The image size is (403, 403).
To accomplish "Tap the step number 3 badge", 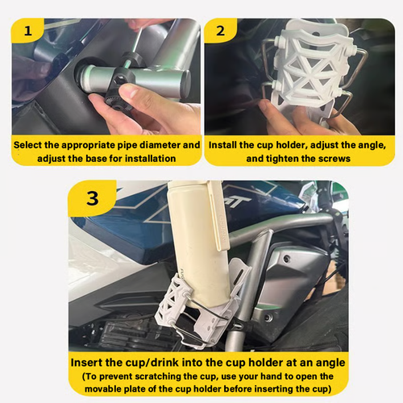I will coord(92,198).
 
